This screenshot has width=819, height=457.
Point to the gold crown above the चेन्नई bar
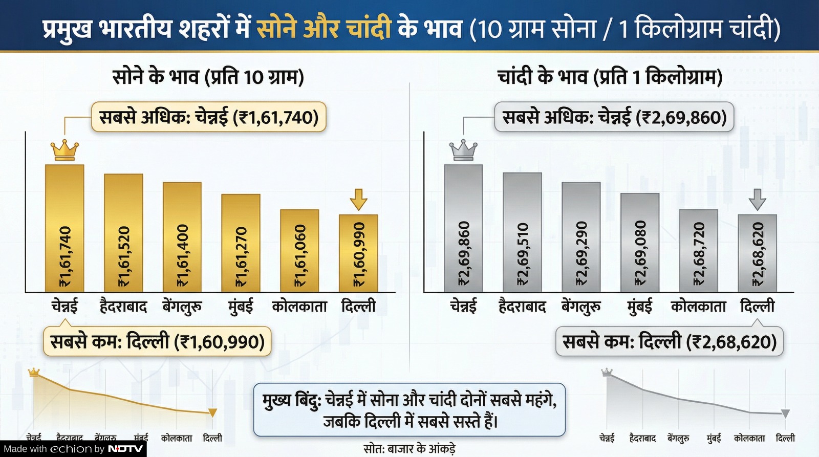coord(64,150)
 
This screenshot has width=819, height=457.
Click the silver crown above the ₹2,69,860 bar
coord(463,150)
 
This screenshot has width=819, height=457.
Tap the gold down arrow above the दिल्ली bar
coord(358,199)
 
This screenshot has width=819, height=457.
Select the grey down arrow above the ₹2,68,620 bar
coord(757,199)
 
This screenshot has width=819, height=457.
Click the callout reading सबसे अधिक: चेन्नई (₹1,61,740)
coord(209,117)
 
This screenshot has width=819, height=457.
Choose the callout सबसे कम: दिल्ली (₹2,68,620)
coord(670,341)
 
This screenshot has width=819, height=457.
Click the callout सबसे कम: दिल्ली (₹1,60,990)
coord(157,341)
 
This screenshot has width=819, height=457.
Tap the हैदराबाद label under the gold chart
coord(123,307)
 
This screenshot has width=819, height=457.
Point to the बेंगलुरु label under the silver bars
coord(581,307)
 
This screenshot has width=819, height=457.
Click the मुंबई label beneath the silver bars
coord(639,307)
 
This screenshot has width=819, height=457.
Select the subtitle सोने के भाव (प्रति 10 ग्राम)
coord(208,77)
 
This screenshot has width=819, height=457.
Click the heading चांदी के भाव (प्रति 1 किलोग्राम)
coord(610,77)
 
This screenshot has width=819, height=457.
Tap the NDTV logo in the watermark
coord(125,449)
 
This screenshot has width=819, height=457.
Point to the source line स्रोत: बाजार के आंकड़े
coord(409,449)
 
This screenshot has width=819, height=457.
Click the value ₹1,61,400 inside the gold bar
coord(182,256)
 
